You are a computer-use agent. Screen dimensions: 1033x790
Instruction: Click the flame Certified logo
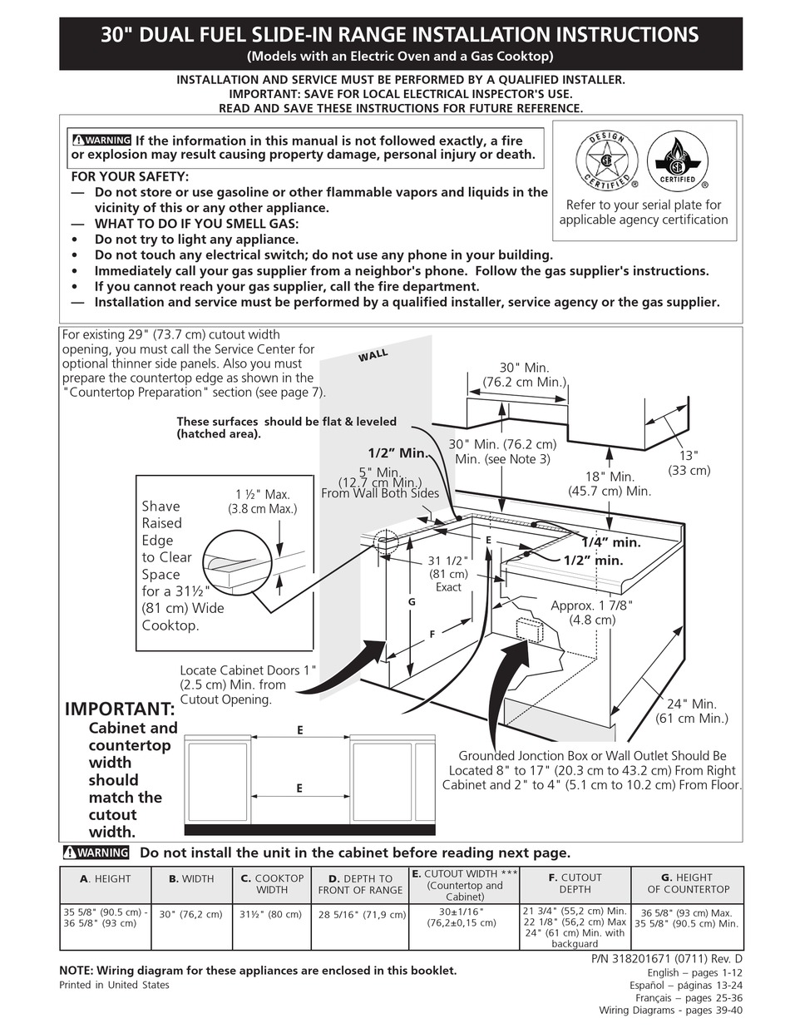(x=677, y=161)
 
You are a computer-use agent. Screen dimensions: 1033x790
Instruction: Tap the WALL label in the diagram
(x=373, y=356)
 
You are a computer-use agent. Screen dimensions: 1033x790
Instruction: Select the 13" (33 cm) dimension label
(x=689, y=462)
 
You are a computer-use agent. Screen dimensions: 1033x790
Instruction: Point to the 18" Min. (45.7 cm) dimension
(x=610, y=483)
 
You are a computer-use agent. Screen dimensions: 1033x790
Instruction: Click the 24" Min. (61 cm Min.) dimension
(x=692, y=710)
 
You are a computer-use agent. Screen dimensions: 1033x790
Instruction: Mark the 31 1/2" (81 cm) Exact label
(x=448, y=573)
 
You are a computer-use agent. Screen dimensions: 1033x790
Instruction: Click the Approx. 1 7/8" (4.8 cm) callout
(x=592, y=612)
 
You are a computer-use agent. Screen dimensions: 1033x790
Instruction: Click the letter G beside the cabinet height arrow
(x=411, y=601)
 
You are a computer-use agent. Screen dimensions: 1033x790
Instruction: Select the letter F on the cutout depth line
(x=432, y=635)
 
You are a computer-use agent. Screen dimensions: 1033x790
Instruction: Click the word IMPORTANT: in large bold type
(x=120, y=709)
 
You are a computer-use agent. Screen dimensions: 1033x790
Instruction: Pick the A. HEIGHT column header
(x=105, y=877)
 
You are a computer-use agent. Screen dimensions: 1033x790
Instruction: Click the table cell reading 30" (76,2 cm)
(x=191, y=914)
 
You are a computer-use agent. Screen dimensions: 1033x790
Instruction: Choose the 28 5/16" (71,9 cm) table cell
(x=362, y=914)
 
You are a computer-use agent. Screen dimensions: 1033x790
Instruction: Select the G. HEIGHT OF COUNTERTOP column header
(x=687, y=883)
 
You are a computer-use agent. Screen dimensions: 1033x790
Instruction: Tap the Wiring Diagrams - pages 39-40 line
(x=670, y=1011)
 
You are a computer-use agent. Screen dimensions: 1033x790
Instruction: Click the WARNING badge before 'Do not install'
(x=96, y=853)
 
